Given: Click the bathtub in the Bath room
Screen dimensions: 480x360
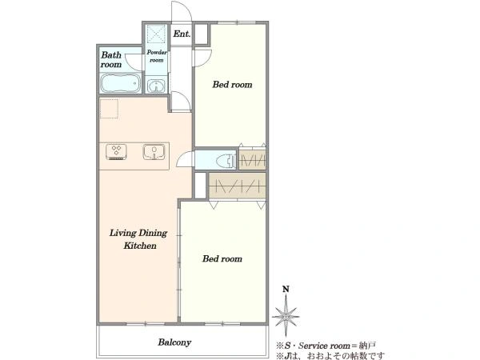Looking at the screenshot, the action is [x=121, y=83].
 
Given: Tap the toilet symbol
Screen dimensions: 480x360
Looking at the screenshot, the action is [x=226, y=161].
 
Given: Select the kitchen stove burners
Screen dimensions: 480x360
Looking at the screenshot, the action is [x=116, y=151].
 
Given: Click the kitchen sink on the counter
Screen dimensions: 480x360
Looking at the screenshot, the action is [x=154, y=152].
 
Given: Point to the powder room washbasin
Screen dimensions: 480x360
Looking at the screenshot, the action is [x=157, y=86].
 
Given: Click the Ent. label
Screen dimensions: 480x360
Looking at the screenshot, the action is [x=182, y=34].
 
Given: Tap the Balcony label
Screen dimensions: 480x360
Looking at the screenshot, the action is [x=174, y=342].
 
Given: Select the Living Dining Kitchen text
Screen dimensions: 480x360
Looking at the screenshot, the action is [x=138, y=239].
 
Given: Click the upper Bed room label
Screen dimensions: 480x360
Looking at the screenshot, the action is [x=232, y=85].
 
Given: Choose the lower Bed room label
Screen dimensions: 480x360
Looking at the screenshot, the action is [x=222, y=259].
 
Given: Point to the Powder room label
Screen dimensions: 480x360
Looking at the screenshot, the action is [x=157, y=56].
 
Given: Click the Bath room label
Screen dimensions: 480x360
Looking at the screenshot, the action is [x=111, y=60].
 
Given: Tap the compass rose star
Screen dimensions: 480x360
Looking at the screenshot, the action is [x=286, y=316].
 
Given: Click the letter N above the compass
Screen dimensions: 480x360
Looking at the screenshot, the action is [x=286, y=289].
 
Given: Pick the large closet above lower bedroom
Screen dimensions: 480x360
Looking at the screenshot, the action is [x=238, y=186].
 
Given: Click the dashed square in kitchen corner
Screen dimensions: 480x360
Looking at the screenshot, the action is [x=109, y=109].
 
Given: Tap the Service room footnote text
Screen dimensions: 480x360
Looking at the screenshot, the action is [x=326, y=346].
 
